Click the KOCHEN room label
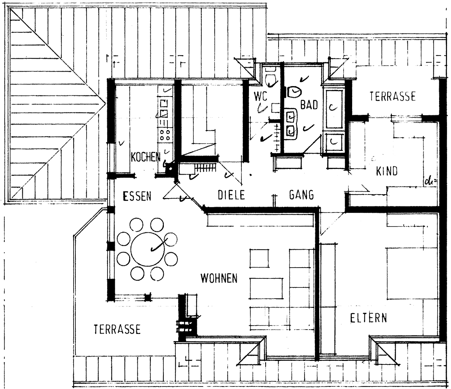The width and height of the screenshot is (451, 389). (x=145, y=157)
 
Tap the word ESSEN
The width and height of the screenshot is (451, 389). (x=137, y=196)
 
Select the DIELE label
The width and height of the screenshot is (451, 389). (x=231, y=195)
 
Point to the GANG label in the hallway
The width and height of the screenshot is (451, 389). (x=301, y=195)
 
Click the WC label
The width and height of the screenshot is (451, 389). (x=260, y=97)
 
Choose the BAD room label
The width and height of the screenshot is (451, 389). (x=310, y=105)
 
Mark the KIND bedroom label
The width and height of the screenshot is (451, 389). (x=387, y=171)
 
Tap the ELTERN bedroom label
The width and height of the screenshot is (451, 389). (x=368, y=318)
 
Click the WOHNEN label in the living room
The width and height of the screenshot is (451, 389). (x=219, y=278)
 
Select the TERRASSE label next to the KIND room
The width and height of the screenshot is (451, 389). (x=393, y=96)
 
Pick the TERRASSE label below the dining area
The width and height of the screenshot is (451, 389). (x=117, y=329)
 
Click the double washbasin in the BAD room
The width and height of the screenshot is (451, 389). (x=290, y=124)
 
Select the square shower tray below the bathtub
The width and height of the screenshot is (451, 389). (x=334, y=142)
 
